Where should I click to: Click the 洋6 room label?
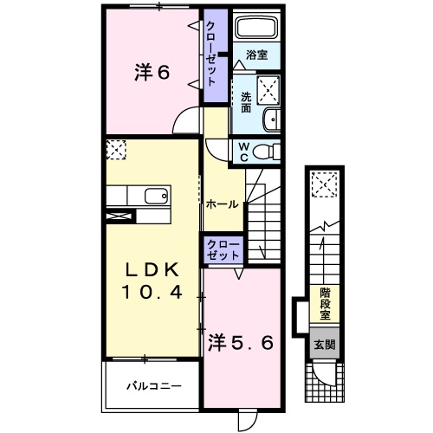coord(151,73)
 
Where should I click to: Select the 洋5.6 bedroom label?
coord(242,343)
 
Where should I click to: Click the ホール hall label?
coord(223,204)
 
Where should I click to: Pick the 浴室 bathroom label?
coord(256,55)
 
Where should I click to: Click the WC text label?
coord(243,151)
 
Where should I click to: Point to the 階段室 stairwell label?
coord(325,303)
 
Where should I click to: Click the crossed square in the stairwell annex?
coord(326,183)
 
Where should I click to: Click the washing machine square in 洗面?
coord(268,87)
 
